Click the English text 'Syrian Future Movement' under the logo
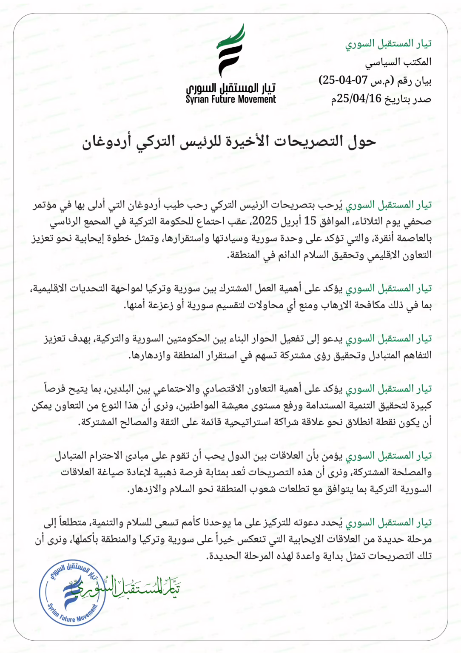click(230, 99)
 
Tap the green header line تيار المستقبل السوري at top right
click(388, 43)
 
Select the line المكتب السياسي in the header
click(398, 62)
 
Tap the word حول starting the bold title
click(362, 142)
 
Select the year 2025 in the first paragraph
click(265, 221)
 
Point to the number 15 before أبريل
click(310, 221)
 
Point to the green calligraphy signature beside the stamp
click(140, 588)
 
